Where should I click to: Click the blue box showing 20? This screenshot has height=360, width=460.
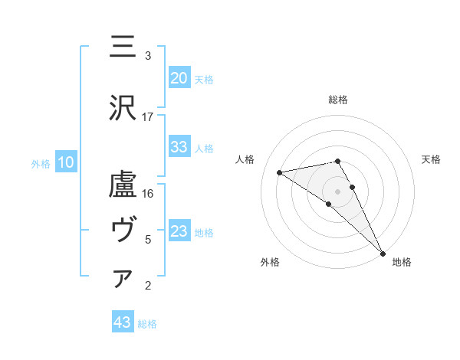pyautogui.click(x=179, y=78)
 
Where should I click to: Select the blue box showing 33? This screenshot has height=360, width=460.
pyautogui.click(x=179, y=147)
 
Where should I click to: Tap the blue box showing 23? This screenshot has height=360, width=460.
pyautogui.click(x=179, y=231)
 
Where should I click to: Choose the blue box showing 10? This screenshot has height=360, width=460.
pyautogui.click(x=66, y=162)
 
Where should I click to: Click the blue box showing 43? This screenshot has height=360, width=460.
pyautogui.click(x=123, y=322)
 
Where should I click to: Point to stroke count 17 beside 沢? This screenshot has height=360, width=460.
pyautogui.click(x=148, y=116)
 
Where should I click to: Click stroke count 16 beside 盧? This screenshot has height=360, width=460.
pyautogui.click(x=148, y=194)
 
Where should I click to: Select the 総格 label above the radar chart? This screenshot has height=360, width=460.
pyautogui.click(x=337, y=100)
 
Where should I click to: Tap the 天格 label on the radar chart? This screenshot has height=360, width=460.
pyautogui.click(x=431, y=159)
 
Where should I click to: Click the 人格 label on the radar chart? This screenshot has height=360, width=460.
pyautogui.click(x=245, y=159)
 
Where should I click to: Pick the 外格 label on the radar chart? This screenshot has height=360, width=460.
pyautogui.click(x=270, y=263)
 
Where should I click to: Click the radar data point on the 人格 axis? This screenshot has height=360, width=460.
pyautogui.click(x=280, y=172)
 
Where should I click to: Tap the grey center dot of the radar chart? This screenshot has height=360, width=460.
pyautogui.click(x=337, y=190)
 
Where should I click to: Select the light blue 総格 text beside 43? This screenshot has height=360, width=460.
pyautogui.click(x=147, y=324)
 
